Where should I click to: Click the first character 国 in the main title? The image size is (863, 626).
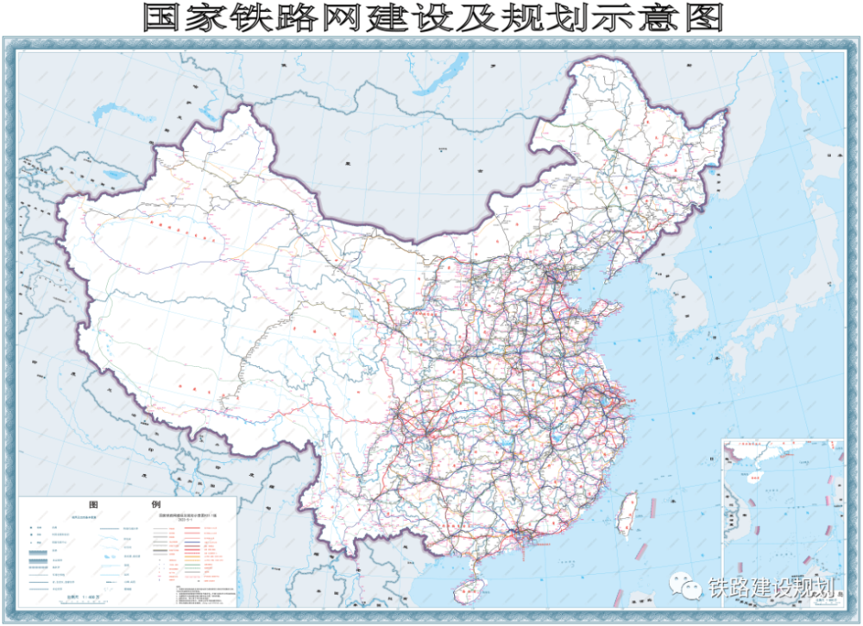[x=161, y=18]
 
